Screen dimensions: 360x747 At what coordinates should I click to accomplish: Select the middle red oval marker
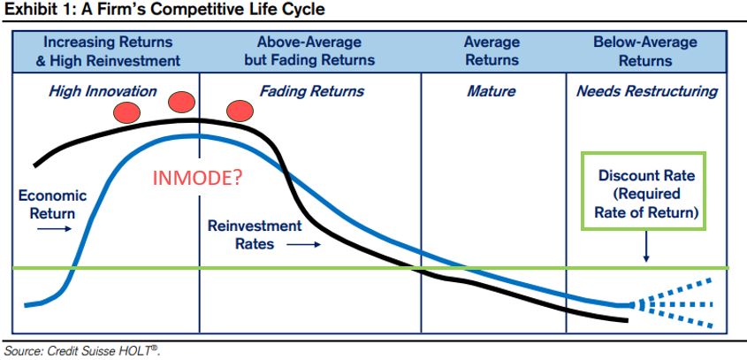pos(183,103)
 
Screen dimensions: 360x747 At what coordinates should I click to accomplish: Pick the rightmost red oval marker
pos(240,111)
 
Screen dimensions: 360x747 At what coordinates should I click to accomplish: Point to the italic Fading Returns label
pos(311,91)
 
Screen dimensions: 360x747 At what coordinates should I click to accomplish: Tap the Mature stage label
pos(491,91)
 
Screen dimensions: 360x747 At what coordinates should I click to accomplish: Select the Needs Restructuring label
pos(646,91)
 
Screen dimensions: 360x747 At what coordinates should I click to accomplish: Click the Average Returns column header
pos(493,51)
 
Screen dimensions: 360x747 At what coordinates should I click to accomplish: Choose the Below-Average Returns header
pos(645,51)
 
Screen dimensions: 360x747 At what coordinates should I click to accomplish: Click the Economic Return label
pos(52,204)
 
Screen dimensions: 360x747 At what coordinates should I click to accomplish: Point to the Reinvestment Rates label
pos(254,234)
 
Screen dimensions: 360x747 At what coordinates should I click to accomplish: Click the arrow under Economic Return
pos(52,227)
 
